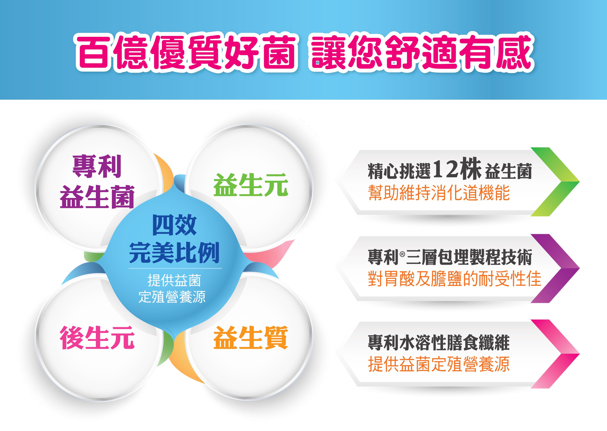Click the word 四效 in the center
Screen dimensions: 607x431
[x=174, y=225]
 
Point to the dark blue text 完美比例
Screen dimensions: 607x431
[x=174, y=252]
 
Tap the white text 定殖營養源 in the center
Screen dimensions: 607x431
[x=172, y=297]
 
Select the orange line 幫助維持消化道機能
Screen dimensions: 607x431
[x=439, y=193]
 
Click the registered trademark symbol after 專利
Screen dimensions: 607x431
[x=402, y=254]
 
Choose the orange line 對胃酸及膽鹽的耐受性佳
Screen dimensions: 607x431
[x=455, y=279]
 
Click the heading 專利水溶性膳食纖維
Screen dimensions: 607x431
[x=439, y=343]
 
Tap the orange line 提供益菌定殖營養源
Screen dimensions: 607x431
[x=439, y=364]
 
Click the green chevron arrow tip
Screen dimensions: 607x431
[x=579, y=182]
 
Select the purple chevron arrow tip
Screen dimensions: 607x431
[x=579, y=268]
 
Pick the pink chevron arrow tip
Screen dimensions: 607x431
[x=579, y=354]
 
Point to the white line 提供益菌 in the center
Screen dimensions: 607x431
[x=174, y=281]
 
